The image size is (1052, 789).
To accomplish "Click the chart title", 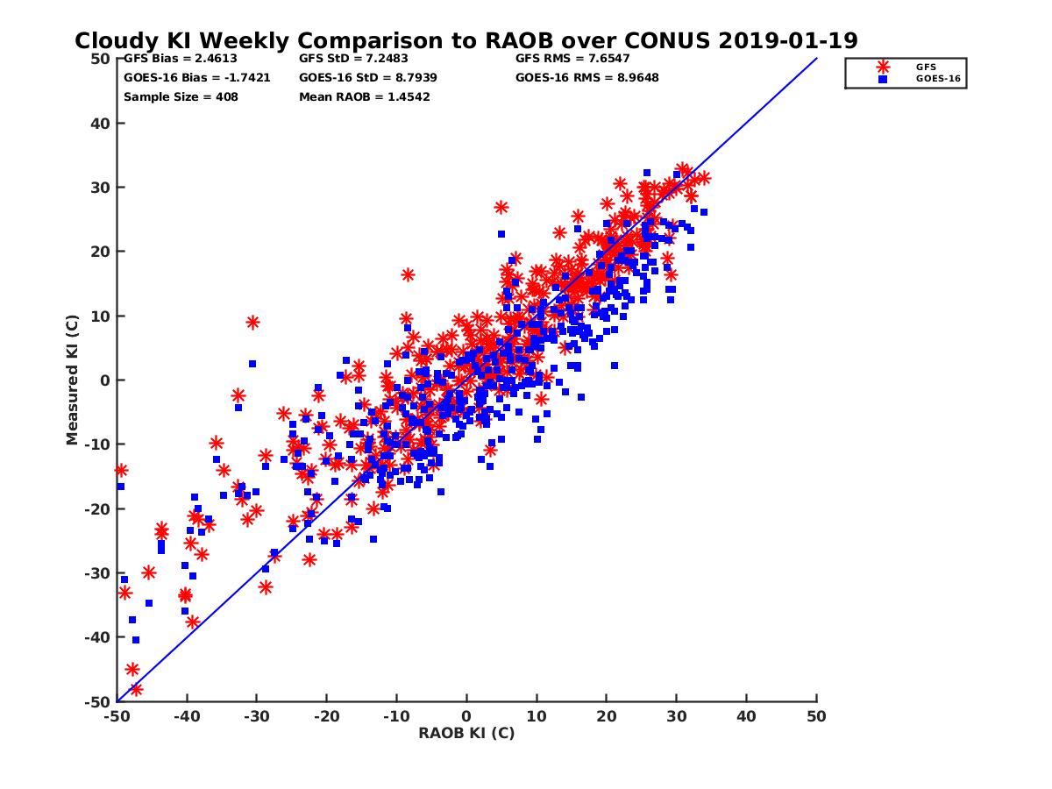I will tap(466, 41).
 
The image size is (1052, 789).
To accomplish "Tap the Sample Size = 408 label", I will tap(181, 96).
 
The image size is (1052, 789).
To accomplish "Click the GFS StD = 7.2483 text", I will tap(351, 59).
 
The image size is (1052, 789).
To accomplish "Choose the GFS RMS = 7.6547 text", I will tap(572, 59).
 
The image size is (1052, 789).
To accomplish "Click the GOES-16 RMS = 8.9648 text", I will tap(587, 77).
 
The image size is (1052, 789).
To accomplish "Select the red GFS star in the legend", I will tap(883, 67).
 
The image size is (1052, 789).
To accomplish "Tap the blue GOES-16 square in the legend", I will tap(883, 79).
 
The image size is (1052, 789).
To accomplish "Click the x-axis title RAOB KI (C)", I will tap(466, 733).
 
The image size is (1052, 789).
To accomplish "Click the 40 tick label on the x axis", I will tap(747, 716).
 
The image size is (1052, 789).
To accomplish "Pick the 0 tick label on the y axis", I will tap(104, 380).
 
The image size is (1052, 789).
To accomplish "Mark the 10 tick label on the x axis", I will tap(537, 716).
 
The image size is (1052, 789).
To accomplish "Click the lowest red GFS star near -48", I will tap(136, 689).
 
